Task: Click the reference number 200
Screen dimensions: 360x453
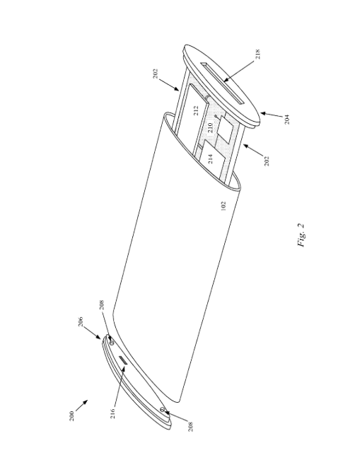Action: (71, 416)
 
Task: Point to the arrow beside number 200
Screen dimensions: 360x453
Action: (82, 406)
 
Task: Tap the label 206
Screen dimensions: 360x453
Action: (80, 322)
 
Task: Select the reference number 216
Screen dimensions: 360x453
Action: (112, 413)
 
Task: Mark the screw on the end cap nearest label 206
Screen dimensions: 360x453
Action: (112, 342)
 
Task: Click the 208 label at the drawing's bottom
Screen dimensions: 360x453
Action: (190, 427)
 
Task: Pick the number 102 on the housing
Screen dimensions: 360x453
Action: (223, 206)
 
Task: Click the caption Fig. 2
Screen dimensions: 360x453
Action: (301, 235)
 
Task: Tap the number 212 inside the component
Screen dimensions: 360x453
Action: (196, 110)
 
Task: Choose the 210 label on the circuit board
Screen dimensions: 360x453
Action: (211, 127)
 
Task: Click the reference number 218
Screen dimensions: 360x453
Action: (258, 54)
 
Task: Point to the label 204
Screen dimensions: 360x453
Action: (286, 120)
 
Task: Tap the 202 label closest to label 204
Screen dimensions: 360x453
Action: (267, 161)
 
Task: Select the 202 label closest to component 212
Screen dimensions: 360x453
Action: (156, 74)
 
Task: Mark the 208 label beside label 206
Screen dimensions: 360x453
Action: (102, 305)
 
